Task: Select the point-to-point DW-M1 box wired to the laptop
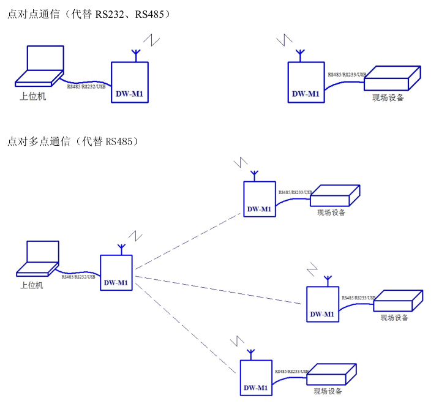[129, 83]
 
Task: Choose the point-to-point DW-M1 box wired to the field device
[306, 83]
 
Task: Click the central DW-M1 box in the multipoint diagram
[116, 272]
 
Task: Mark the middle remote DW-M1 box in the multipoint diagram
[322, 304]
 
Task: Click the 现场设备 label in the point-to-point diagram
[388, 97]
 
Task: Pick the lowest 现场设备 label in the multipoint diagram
[328, 391]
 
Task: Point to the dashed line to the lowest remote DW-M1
[187, 328]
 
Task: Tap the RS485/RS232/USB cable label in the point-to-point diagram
[86, 86]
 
